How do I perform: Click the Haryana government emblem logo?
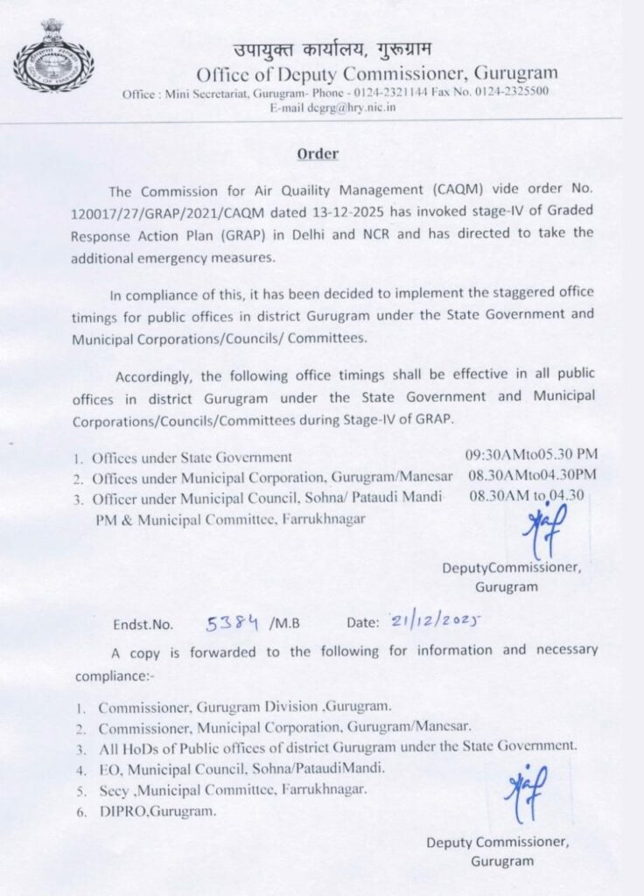coord(52,56)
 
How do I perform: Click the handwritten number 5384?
coord(233,624)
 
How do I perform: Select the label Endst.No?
coord(143,626)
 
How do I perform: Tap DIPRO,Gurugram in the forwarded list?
coord(157,811)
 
